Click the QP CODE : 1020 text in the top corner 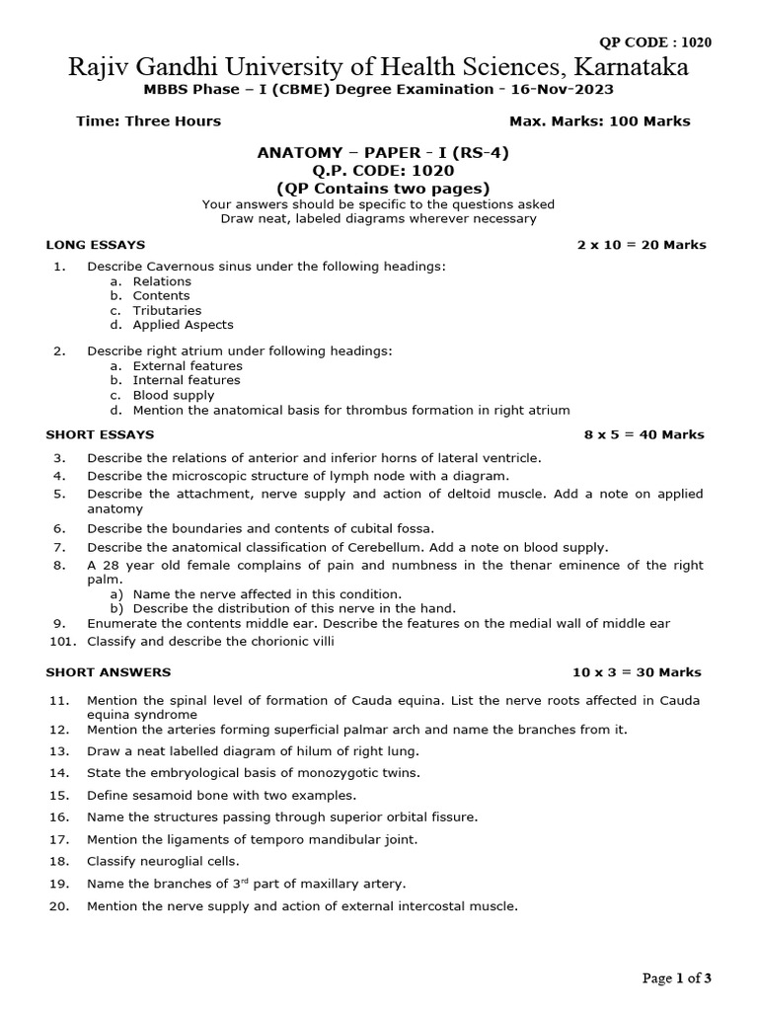tap(655, 41)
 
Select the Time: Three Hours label tap(148, 121)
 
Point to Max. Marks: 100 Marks tap(599, 121)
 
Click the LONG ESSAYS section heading tap(96, 245)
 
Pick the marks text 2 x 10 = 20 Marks tap(642, 245)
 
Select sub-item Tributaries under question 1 tap(167, 310)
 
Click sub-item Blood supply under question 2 tap(173, 395)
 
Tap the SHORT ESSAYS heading tap(100, 434)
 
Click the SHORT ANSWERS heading tap(108, 672)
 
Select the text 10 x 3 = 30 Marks tap(637, 672)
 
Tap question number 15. tap(58, 795)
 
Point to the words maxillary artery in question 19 tap(355, 883)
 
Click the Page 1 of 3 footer tap(676, 978)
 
